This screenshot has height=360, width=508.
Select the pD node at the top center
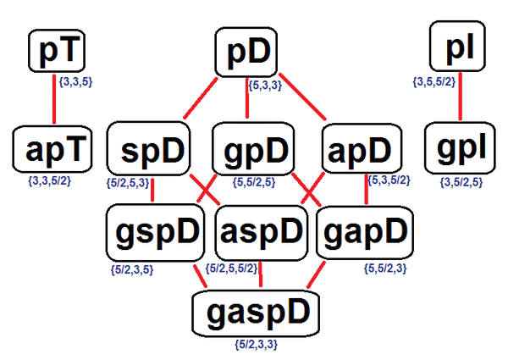[251, 53]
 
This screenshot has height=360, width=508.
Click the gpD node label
[257, 152]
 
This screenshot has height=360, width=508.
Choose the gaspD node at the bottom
[258, 313]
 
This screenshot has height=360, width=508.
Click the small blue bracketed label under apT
[52, 181]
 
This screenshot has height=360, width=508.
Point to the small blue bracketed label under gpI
[461, 181]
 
